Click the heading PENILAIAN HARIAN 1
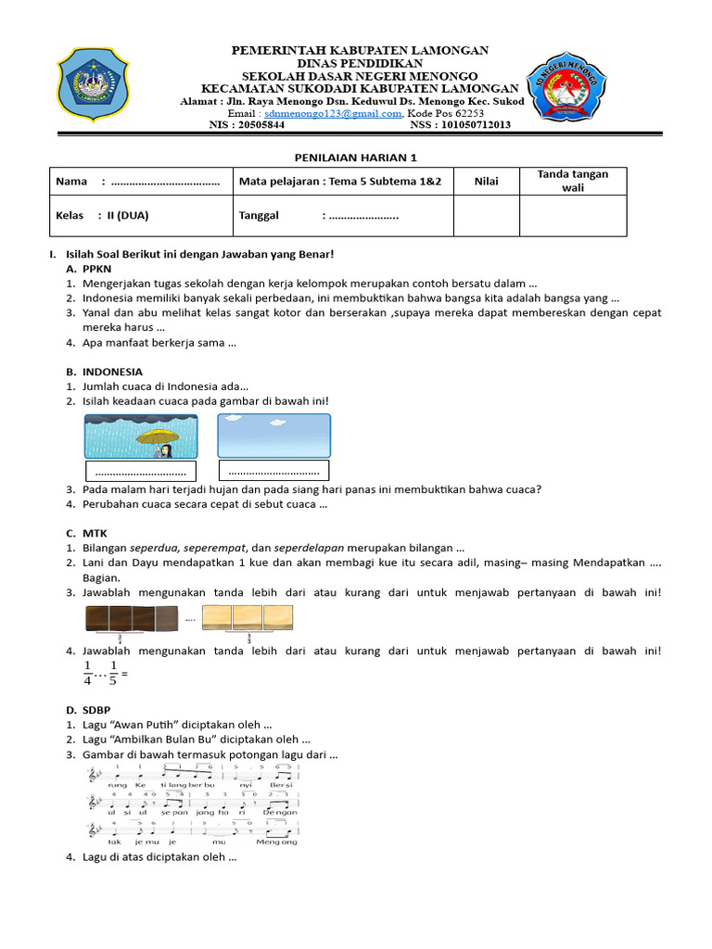356,158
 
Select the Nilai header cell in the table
486,182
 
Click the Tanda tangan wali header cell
572,182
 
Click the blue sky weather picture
273,436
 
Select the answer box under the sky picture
274,471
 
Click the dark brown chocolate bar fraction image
132,616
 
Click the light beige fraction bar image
248,616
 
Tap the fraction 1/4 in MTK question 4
89,674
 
